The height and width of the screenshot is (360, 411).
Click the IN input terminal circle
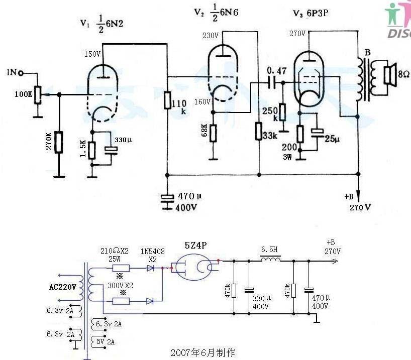tap(21, 73)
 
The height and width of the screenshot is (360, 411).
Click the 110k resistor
tap(167, 100)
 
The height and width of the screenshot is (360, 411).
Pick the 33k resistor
tap(258, 132)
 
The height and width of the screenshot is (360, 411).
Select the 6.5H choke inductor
tap(270, 260)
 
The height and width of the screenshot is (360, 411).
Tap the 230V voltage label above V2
tap(211, 36)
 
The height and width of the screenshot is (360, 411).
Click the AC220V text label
tap(63, 288)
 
